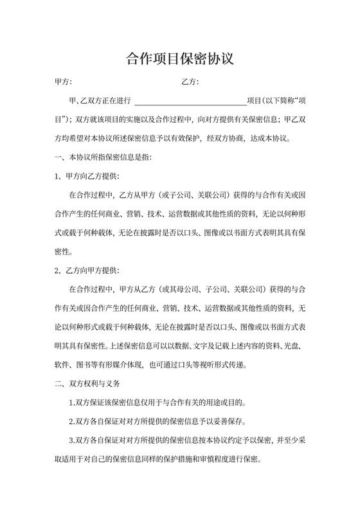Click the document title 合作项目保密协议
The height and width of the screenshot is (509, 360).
[179, 60]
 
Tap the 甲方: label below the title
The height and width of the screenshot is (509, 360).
[63, 82]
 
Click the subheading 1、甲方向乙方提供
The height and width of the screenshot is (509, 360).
[87, 175]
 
